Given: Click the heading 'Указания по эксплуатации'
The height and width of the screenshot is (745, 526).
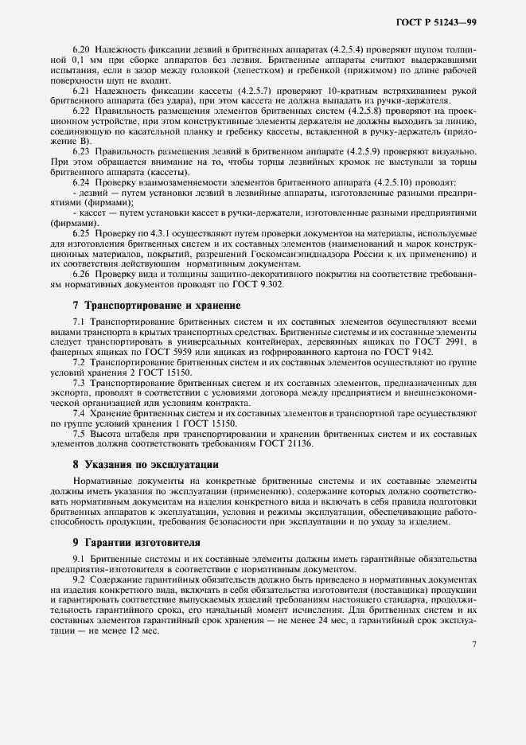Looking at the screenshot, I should tap(139, 463).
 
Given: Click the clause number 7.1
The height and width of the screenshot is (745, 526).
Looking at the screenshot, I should tap(80, 320).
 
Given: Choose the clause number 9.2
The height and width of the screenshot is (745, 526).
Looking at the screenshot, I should tap(80, 581).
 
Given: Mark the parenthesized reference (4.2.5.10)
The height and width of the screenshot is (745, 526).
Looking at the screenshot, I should tap(405, 181).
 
